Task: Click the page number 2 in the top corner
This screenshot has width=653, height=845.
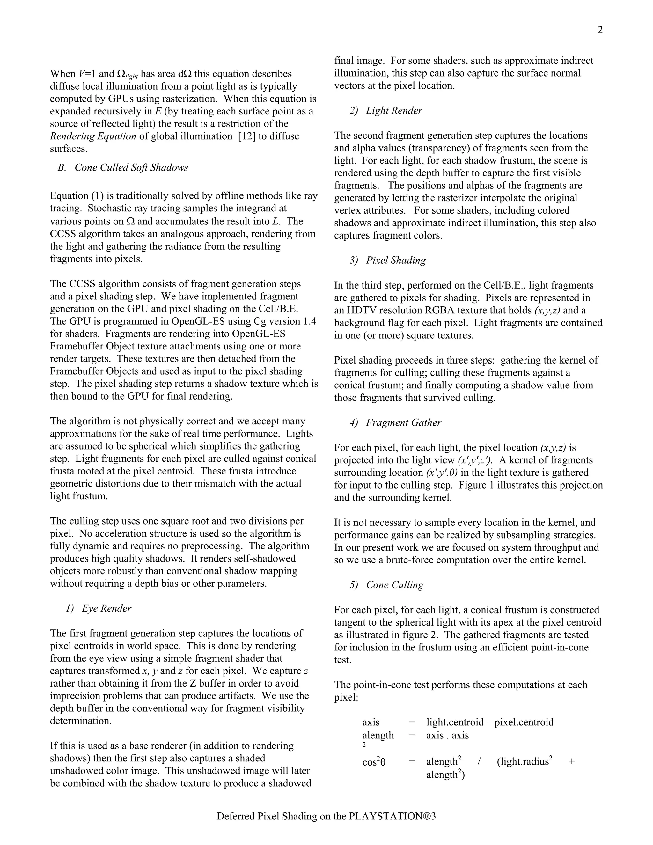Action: pyautogui.click(x=600, y=30)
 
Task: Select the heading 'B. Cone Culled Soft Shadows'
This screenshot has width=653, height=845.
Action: pyautogui.click(x=123, y=167)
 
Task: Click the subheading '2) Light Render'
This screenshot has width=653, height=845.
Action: pyautogui.click(x=386, y=111)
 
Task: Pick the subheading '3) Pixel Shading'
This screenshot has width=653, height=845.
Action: pyautogui.click(x=388, y=261)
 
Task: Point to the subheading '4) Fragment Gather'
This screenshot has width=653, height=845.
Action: pyautogui.click(x=395, y=422)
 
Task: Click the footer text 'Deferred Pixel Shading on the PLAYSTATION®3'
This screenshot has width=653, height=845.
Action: pyautogui.click(x=326, y=816)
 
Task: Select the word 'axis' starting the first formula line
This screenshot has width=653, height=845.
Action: pyautogui.click(x=371, y=722)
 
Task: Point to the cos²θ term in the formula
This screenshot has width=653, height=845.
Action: pyautogui.click(x=374, y=762)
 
